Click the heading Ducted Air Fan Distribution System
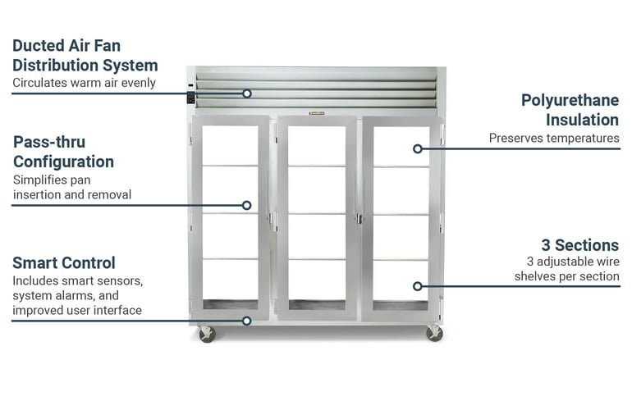pyautogui.click(x=85, y=56)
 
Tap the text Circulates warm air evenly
pyautogui.click(x=84, y=83)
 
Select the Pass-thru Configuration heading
pyautogui.click(x=64, y=152)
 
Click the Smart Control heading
pyautogui.click(x=64, y=263)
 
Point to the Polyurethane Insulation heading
pyautogui.click(x=570, y=110)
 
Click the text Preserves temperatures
pyautogui.click(x=554, y=138)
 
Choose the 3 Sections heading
pyautogui.click(x=580, y=245)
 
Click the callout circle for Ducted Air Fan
pyautogui.click(x=247, y=93)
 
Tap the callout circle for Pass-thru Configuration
pyautogui.click(x=247, y=205)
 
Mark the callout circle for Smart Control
pyautogui.click(x=247, y=321)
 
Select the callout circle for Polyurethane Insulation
pyautogui.click(x=418, y=149)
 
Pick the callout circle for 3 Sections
pyautogui.click(x=418, y=286)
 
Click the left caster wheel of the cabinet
pyautogui.click(x=207, y=335)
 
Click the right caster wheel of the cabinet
pyautogui.click(x=434, y=334)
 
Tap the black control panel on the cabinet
pyautogui.click(x=191, y=98)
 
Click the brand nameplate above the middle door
pyautogui.click(x=316, y=113)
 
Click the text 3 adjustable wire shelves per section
pyautogui.click(x=566, y=269)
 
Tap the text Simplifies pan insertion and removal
pyautogui.click(x=72, y=187)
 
